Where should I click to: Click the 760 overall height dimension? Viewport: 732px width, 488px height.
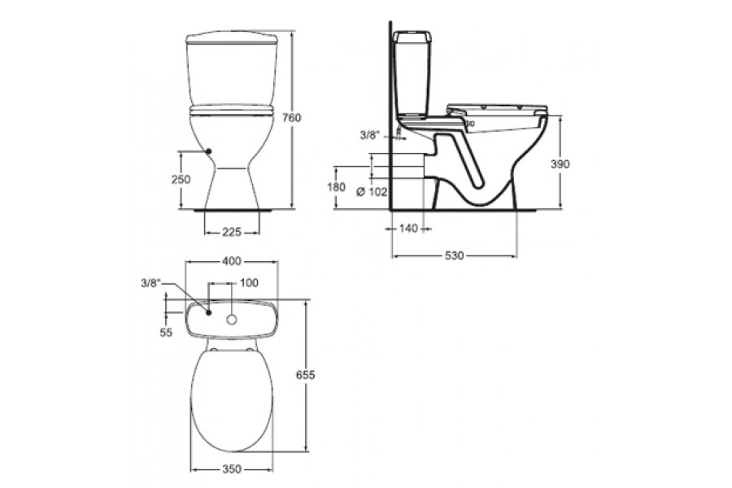pyautogui.click(x=292, y=118)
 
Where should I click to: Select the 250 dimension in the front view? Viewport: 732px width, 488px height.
pyautogui.click(x=181, y=179)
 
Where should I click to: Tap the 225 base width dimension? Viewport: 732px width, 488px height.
pyautogui.click(x=232, y=232)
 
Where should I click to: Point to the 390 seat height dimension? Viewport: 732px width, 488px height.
pyautogui.click(x=560, y=164)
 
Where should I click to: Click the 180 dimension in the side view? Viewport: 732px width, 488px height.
pyautogui.click(x=336, y=187)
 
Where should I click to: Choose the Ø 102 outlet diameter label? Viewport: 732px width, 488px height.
pyautogui.click(x=372, y=191)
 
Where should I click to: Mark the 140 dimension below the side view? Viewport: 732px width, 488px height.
pyautogui.click(x=408, y=229)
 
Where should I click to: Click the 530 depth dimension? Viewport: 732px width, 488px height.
pyautogui.click(x=454, y=256)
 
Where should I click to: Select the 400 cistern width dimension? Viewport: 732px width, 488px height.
pyautogui.click(x=232, y=262)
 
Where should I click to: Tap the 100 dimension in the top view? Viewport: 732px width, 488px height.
pyautogui.click(x=249, y=283)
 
